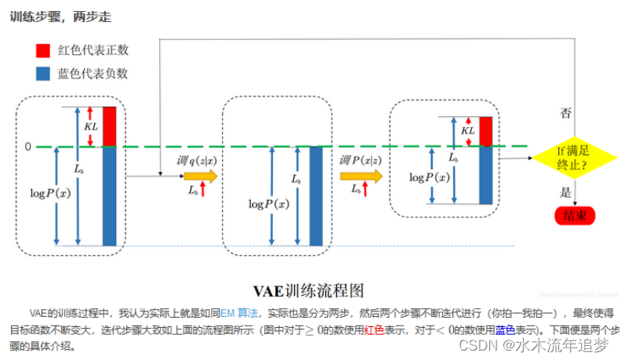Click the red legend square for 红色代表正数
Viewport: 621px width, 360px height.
tap(44, 49)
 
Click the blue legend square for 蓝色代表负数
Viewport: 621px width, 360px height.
tap(44, 74)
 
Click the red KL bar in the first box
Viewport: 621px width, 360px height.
tap(110, 125)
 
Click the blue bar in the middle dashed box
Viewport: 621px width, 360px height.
tap(316, 195)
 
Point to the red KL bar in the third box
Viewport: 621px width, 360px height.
tap(486, 131)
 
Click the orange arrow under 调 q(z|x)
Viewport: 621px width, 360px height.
tap(201, 176)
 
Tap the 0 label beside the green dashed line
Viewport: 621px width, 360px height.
tap(27, 147)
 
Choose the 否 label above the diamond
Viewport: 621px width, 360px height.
tap(565, 113)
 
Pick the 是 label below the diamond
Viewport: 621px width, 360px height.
tap(565, 191)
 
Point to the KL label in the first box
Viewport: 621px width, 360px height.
tap(91, 125)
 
